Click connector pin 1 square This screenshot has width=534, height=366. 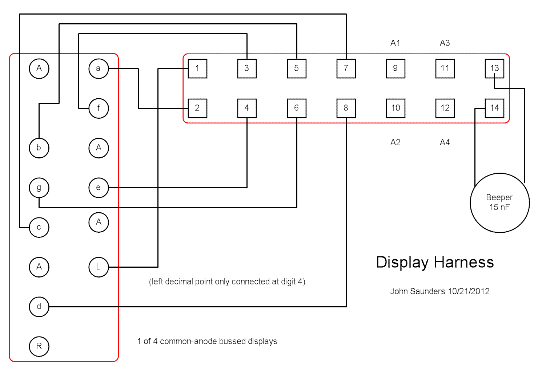point(197,68)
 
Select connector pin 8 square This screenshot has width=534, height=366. point(346,108)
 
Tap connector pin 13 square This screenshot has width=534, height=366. point(494,68)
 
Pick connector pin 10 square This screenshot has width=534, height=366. point(396,108)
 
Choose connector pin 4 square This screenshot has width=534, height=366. point(247,108)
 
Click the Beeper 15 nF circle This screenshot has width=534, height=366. point(499,203)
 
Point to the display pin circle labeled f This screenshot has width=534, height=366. point(99,108)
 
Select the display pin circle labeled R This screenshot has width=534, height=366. point(39,346)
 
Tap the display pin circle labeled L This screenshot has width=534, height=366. point(99,267)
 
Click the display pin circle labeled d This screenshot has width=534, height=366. point(39,307)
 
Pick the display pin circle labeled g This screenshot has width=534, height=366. point(39,188)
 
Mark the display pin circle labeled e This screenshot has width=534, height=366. point(99,188)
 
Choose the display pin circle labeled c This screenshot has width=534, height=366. point(39,228)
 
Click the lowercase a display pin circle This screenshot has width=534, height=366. point(99,68)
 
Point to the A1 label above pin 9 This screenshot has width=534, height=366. point(395,43)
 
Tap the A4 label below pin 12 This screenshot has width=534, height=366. point(445,142)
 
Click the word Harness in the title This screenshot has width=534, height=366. point(464,262)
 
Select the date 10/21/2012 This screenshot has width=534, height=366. point(469,291)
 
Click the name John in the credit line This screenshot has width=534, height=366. point(399,291)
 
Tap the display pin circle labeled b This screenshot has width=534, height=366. point(39,148)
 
